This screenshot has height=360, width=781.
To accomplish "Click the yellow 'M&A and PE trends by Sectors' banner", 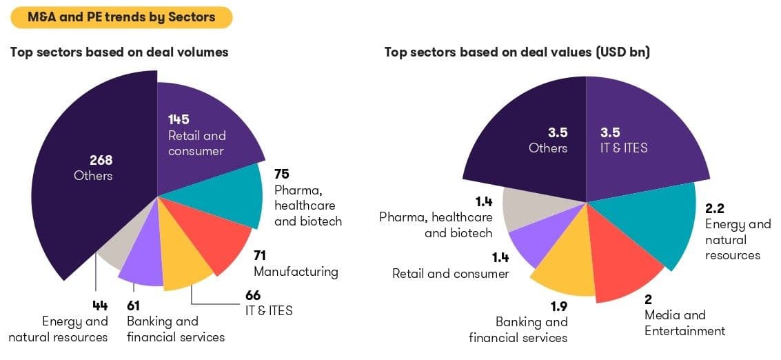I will (121, 17).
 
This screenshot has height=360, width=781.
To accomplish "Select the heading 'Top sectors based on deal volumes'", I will (119, 52).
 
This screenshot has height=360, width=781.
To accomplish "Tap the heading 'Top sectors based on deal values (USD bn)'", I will (517, 52).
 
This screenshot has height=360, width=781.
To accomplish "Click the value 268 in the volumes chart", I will (101, 160).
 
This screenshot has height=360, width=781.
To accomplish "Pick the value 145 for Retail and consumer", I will (179, 119).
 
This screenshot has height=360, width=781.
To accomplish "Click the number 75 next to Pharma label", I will (281, 173).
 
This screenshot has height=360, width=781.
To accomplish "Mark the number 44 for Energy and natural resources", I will (101, 306).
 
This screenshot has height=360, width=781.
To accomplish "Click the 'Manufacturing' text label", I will (296, 271).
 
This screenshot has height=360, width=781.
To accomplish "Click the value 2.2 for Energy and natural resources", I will (715, 208).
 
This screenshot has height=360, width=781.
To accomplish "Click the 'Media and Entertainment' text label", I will (684, 323).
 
